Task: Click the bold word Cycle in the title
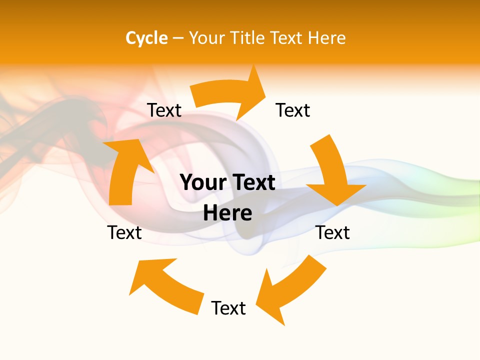(146, 38)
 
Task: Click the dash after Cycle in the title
(178, 38)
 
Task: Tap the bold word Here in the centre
(227, 213)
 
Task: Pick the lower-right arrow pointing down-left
(290, 287)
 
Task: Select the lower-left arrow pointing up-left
(165, 285)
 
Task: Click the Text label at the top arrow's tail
(164, 110)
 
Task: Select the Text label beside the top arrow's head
(293, 110)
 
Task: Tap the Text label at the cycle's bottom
(228, 308)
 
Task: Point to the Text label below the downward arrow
(332, 232)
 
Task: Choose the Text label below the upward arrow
(124, 232)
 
